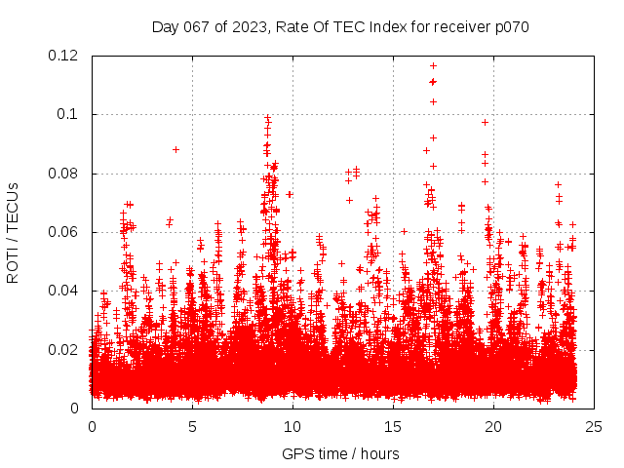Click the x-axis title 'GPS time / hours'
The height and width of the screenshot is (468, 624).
[340, 453]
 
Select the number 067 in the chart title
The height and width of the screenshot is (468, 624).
[193, 27]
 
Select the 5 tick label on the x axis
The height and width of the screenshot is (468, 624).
[192, 426]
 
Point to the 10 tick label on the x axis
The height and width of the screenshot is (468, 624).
[292, 426]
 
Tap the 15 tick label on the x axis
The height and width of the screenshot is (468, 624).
[393, 426]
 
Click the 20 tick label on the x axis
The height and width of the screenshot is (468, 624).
[493, 426]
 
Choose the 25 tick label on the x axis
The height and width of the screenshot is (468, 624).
[594, 426]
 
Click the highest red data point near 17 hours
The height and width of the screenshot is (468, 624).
[433, 65]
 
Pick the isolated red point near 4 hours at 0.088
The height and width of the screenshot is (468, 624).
[175, 149]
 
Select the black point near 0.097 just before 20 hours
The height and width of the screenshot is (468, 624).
[485, 122]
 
